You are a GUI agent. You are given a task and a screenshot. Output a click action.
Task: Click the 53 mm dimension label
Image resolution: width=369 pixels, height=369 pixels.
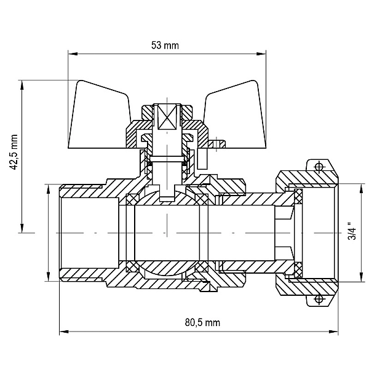(x=165, y=46)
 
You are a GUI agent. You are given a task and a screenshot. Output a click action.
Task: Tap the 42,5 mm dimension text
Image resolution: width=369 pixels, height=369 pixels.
(x=14, y=153)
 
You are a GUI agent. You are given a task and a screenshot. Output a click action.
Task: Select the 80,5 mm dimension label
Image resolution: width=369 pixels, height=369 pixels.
(x=202, y=322)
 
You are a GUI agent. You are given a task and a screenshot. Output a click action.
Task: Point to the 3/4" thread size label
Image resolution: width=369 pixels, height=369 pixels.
(x=352, y=231)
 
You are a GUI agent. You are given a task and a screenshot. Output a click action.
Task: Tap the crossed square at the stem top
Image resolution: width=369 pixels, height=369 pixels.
(x=167, y=117)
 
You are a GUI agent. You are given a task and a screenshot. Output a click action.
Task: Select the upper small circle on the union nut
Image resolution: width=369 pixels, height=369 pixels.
(x=319, y=167)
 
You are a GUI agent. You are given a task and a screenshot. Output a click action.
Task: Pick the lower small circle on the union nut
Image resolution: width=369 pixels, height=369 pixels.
(x=319, y=300)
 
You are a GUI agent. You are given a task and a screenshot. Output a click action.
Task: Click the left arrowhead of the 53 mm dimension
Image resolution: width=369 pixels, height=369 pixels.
(x=73, y=54)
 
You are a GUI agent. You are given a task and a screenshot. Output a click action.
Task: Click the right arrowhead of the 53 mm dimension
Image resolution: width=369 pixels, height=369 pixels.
(x=261, y=54)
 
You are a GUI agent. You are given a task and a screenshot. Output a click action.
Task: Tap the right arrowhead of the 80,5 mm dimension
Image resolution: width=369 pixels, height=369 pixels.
(x=333, y=331)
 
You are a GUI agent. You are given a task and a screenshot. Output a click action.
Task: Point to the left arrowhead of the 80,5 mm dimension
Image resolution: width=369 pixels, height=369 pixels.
(x=64, y=331)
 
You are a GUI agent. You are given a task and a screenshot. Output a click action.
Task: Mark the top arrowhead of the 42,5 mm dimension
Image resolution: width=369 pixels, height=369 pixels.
(x=22, y=85)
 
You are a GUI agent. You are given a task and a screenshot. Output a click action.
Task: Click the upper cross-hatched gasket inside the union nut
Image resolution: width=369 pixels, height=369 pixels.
(x=298, y=196)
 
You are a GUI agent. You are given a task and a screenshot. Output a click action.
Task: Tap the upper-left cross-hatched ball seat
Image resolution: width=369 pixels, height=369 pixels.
(x=132, y=199)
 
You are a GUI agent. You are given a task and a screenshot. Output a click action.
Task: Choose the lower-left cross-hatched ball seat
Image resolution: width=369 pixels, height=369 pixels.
(x=132, y=266)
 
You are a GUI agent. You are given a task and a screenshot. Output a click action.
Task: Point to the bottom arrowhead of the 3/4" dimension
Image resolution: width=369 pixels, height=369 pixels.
(x=361, y=277)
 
